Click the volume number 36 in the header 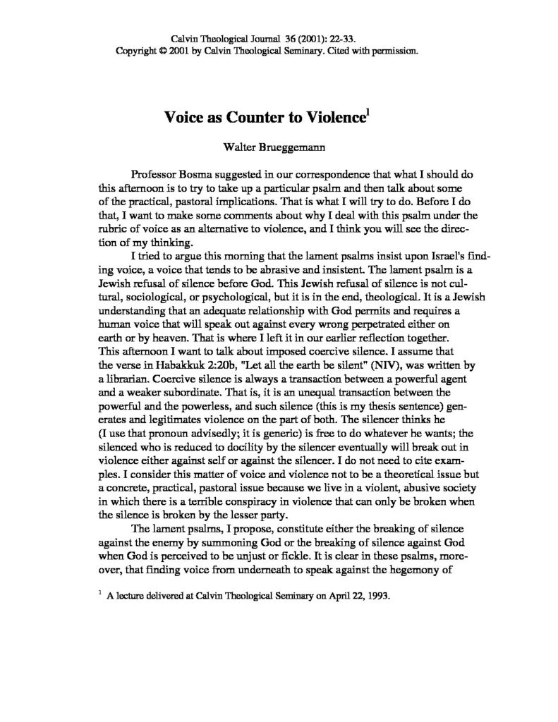click(285, 39)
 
